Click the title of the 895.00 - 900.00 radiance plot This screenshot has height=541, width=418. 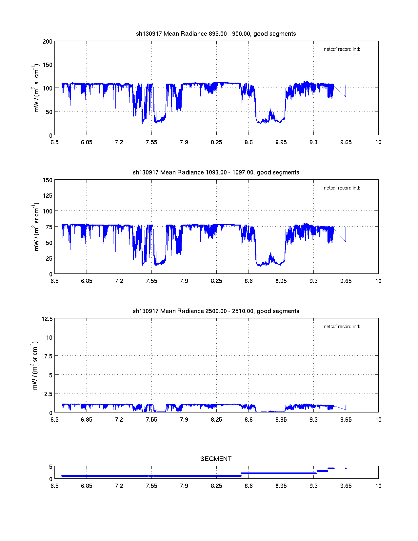coord(216,34)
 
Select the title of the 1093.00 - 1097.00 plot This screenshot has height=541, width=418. coord(216,172)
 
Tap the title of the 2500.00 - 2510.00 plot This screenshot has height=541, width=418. coord(216,311)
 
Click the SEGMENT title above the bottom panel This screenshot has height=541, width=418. coord(216,459)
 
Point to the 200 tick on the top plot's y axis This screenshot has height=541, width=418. coord(47,41)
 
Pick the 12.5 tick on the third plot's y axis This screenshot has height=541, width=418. coord(47,319)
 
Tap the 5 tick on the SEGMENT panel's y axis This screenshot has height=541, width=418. coord(50,467)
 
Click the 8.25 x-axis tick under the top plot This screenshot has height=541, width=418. coord(216,142)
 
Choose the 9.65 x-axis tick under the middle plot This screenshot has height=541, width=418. coord(346,281)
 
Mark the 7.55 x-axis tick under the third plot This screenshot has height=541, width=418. coord(151,420)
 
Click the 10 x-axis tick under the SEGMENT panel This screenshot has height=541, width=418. coord(378,486)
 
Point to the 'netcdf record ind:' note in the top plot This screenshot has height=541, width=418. coord(342,49)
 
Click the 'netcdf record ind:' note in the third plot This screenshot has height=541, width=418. coord(342,327)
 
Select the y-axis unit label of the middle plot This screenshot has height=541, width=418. coord(36,227)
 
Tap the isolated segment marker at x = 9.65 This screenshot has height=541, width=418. coord(346,468)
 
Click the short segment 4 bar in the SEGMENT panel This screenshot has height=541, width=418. coord(331,468)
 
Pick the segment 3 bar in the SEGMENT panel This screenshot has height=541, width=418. coord(323,471)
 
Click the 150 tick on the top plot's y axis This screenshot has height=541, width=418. coord(47,65)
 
